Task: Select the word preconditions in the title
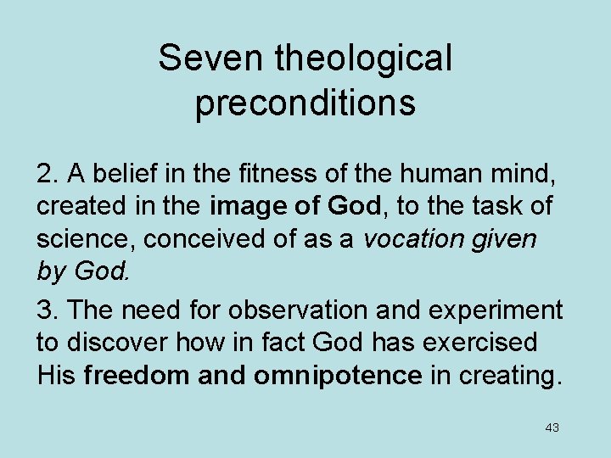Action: click(x=305, y=103)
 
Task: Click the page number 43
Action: click(x=552, y=427)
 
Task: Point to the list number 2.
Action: click(x=47, y=174)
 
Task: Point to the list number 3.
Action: click(x=47, y=310)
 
